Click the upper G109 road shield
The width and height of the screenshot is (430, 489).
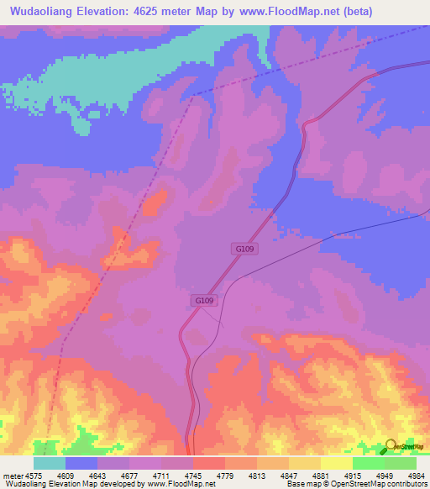[x=244, y=250]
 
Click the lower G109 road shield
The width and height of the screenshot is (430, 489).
[x=205, y=300]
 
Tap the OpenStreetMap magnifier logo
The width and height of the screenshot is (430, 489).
[x=391, y=446]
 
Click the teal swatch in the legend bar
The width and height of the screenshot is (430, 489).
[x=50, y=463]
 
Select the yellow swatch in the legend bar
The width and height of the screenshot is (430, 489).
[x=336, y=463]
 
